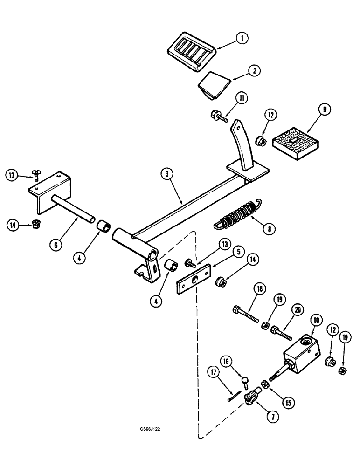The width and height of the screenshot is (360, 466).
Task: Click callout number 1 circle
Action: click(x=241, y=39)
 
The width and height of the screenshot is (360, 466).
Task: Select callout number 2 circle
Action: click(x=253, y=71)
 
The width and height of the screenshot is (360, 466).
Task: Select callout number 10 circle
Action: click(x=315, y=320)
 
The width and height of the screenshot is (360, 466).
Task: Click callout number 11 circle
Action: click(x=241, y=98)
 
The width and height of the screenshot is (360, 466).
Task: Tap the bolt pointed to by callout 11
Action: click(x=218, y=117)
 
